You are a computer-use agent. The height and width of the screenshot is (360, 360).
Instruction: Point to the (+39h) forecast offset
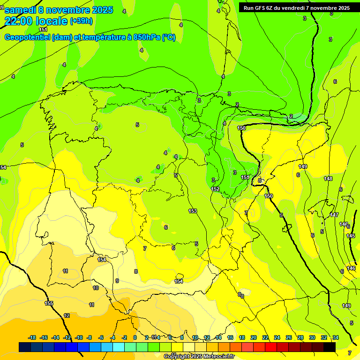81,21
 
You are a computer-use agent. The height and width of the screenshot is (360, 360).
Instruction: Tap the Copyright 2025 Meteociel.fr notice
199,357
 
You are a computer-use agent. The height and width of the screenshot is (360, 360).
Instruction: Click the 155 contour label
49,303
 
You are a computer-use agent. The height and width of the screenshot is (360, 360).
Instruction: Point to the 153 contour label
193,211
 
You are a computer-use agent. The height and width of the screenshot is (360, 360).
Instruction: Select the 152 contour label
215,188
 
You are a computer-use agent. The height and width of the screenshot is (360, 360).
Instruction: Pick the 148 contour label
328,179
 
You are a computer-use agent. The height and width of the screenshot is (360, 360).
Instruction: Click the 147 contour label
334,215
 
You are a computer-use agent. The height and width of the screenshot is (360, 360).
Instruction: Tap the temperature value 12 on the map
67,315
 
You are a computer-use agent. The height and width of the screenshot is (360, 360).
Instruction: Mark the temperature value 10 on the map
96,288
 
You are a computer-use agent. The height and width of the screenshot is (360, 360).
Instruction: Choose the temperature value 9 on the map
117,281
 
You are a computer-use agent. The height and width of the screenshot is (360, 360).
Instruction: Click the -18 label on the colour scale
32,337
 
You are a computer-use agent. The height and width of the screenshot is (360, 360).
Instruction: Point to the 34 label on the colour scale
336,337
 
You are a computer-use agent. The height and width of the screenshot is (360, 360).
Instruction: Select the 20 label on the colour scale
253,337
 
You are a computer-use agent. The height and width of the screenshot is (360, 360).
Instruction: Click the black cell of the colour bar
330,347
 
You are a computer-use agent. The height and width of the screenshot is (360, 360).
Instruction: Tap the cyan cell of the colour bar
119,347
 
